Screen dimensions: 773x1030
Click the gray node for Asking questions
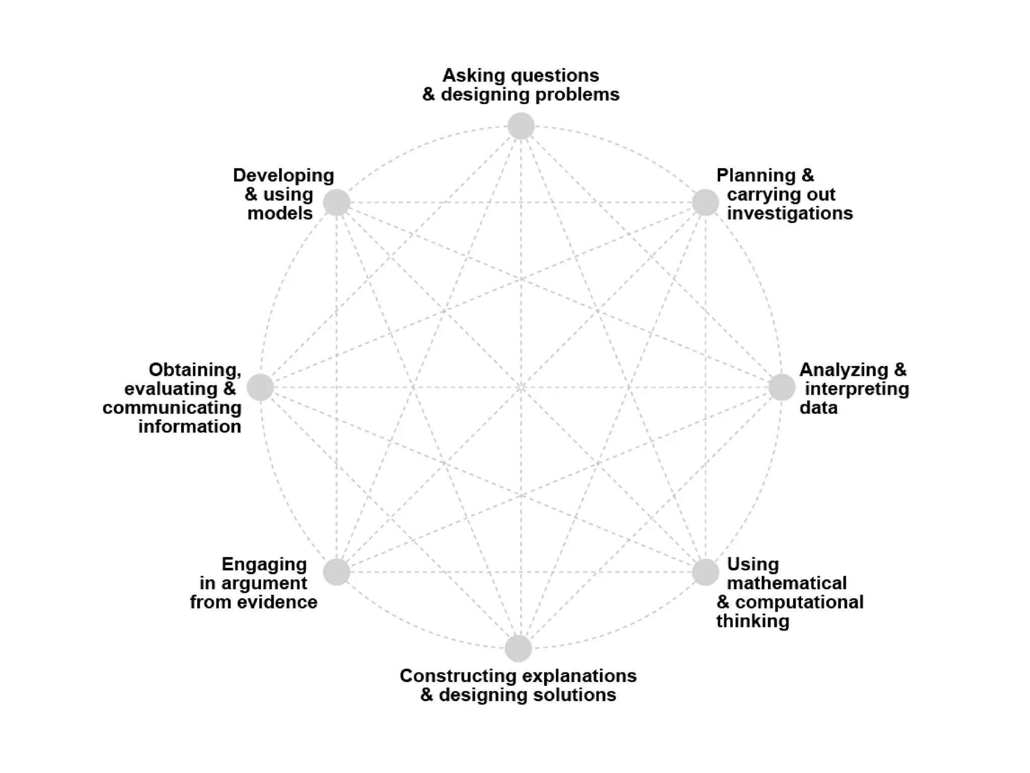pyautogui.click(x=521, y=126)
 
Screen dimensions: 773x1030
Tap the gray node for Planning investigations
pyautogui.click(x=705, y=202)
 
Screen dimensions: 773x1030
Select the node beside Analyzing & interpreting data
pyautogui.click(x=782, y=388)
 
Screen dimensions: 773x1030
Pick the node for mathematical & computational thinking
pyautogui.click(x=705, y=572)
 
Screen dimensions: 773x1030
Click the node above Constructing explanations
pyautogui.click(x=518, y=648)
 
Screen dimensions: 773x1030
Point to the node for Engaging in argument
pyautogui.click(x=336, y=572)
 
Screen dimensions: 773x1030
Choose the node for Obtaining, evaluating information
pyautogui.click(x=260, y=388)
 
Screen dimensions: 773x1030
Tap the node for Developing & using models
pyautogui.click(x=336, y=202)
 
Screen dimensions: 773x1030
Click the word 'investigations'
pyautogui.click(x=790, y=213)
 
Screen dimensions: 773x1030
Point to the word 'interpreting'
pyautogui.click(x=857, y=389)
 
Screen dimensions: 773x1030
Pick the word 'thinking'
pyautogui.click(x=752, y=622)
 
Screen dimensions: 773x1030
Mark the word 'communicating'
pyautogui.click(x=172, y=408)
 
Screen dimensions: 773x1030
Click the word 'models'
pyautogui.click(x=280, y=213)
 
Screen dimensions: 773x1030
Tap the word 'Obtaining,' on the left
pyautogui.click(x=195, y=370)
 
